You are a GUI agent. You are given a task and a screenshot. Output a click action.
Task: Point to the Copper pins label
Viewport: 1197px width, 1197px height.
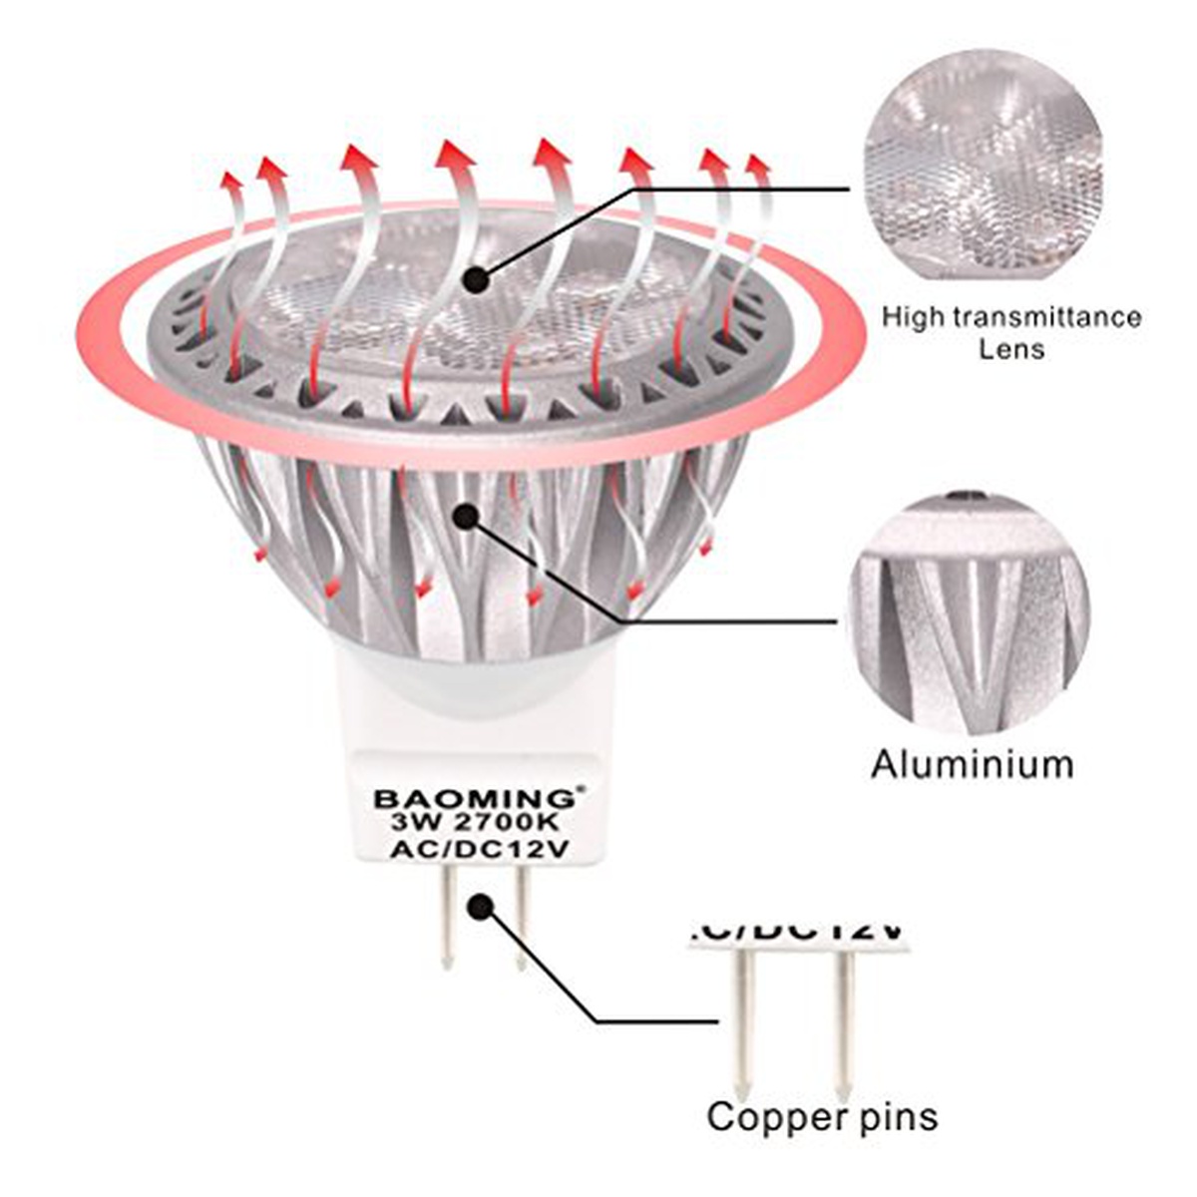click(822, 1115)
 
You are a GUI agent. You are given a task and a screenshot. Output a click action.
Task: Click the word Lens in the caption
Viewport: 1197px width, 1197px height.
click(1010, 349)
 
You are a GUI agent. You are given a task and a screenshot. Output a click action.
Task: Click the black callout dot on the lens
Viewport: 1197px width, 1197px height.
click(477, 279)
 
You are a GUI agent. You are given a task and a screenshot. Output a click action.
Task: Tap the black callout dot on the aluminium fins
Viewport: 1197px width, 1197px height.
click(465, 515)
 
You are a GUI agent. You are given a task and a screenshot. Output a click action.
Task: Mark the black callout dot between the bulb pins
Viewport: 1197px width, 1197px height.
click(481, 907)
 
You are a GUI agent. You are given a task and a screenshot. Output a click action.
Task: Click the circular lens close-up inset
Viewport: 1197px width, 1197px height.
click(984, 170)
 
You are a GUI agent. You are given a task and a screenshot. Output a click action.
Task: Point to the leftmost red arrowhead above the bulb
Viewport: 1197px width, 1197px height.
click(230, 184)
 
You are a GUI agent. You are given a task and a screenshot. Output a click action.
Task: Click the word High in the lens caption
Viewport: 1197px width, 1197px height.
click(910, 318)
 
